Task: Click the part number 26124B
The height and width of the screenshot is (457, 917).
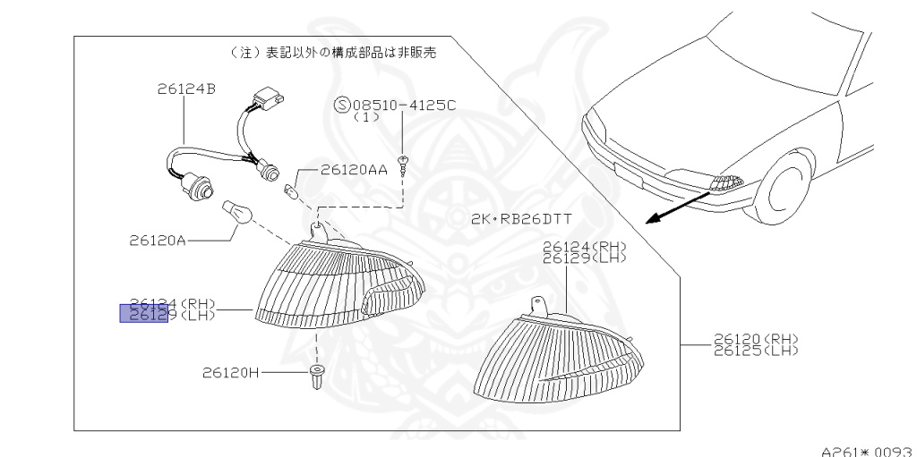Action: coord(184,89)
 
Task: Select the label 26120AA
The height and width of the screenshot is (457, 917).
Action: coord(353,170)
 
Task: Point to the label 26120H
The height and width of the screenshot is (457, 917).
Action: coord(231,372)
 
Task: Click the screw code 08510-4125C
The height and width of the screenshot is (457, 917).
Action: coord(405,106)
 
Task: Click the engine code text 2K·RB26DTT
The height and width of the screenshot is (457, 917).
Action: coord(520,219)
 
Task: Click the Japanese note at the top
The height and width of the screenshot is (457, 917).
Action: coord(334,54)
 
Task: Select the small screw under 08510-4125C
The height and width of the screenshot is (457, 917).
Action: coord(404,164)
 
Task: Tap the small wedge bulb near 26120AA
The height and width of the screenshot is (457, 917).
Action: coord(289,190)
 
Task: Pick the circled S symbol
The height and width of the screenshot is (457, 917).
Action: coord(341,106)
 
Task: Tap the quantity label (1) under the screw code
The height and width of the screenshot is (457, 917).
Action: coord(366,117)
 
